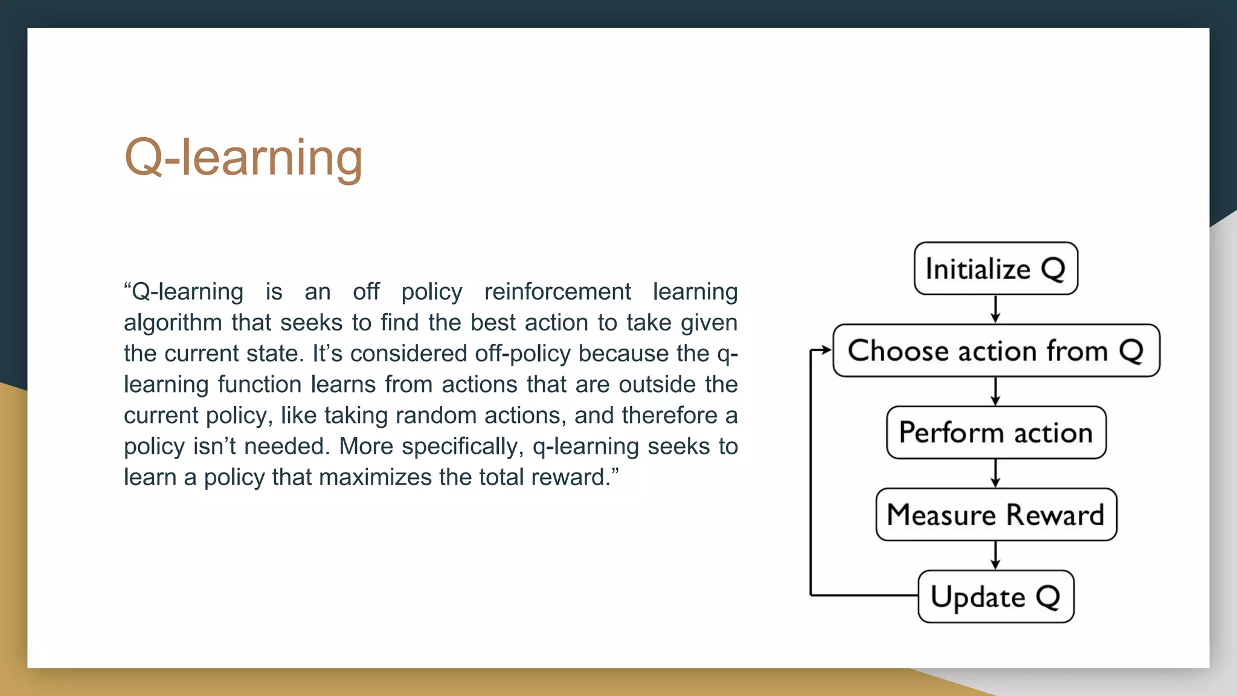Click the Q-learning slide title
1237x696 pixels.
coord(243,158)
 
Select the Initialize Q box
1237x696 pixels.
coord(995,269)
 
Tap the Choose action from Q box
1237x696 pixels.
coord(995,351)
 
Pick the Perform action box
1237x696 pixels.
coord(995,433)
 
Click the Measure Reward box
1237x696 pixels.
coord(995,515)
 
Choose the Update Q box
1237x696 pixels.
coord(995,597)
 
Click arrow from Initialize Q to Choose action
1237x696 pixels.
coord(995,309)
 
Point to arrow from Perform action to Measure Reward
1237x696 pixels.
coord(995,474)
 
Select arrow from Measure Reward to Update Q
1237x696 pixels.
coord(995,555)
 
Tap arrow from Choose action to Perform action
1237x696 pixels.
coord(995,391)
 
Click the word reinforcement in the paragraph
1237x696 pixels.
coord(557,292)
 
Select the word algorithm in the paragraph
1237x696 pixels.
coord(173,323)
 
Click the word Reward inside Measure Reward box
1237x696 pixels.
coord(1055,515)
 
